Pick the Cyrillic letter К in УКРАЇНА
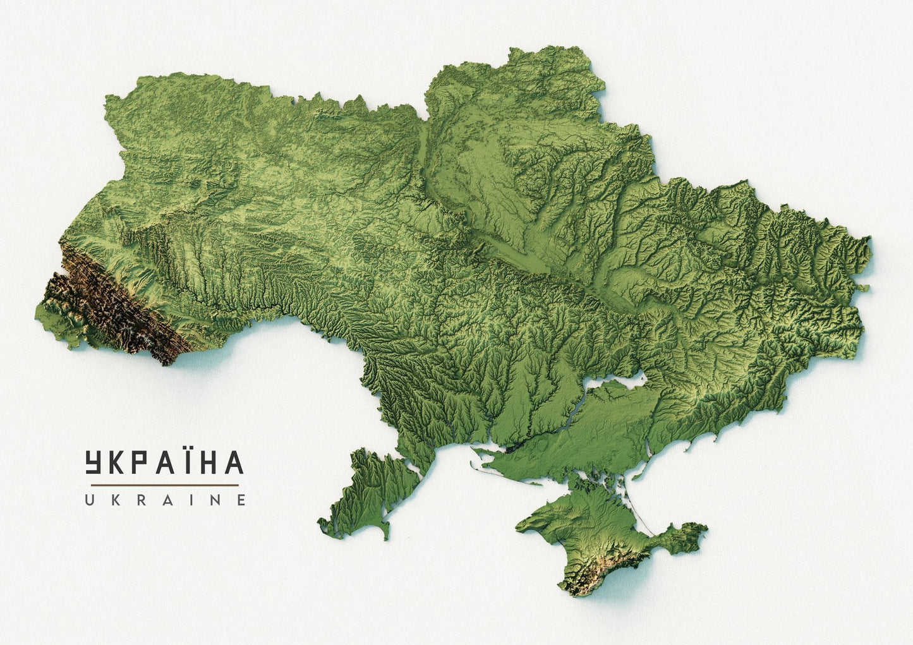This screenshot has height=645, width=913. click(x=119, y=462)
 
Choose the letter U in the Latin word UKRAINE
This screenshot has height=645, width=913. click(x=90, y=500)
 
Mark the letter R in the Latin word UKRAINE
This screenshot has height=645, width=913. click(x=140, y=500)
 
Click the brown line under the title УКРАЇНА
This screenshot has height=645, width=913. click(x=162, y=485)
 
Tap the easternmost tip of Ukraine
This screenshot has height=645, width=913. click(x=869, y=243)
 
